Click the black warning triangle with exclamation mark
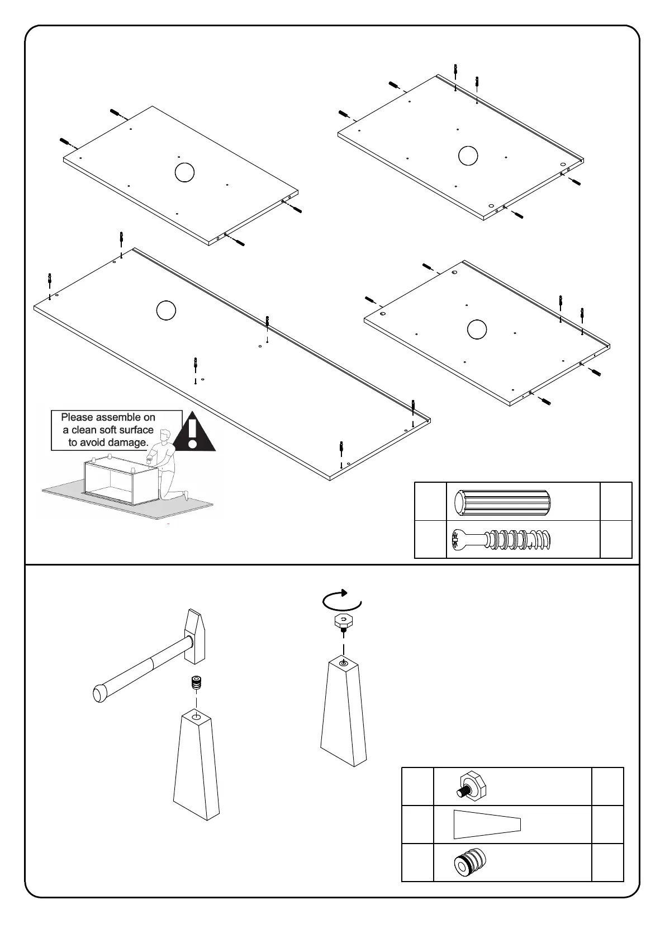[193, 434]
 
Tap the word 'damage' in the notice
[128, 442]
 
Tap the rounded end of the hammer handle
[99, 694]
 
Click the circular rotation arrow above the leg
[342, 600]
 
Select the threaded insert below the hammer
[196, 683]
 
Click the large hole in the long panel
[166, 310]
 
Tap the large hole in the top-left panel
[184, 172]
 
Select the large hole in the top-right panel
[468, 156]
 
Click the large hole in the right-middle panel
[477, 329]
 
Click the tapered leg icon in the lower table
[487, 824]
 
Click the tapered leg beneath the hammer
[197, 766]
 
